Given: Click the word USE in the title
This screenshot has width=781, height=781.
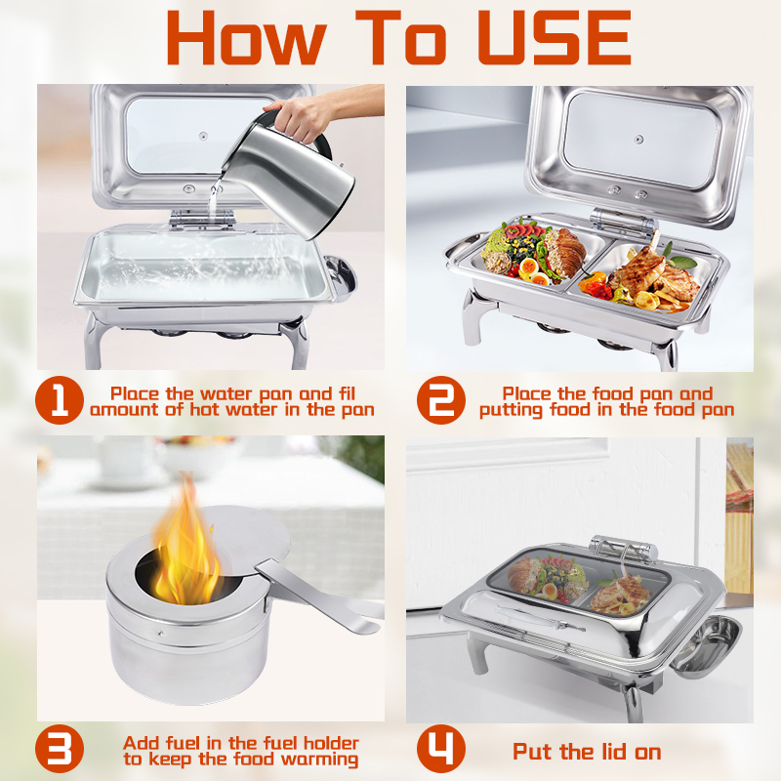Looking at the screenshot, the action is coord(554,38).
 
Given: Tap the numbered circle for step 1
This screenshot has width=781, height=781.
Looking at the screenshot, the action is coord(60,400).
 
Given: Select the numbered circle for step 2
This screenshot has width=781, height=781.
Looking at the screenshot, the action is coord(441,400).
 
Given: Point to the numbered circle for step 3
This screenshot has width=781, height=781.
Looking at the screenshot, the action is coord(60,749).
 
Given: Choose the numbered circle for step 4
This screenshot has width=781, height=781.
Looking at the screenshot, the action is coord(441,749).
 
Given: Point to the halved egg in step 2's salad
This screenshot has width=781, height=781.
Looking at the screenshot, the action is coord(529,270).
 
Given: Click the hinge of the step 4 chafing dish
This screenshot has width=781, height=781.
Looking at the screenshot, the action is coord(623,549).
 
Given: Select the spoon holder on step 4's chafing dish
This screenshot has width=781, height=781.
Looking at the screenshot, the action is coord(706,645).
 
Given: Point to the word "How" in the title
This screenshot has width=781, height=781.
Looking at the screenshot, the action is coord(247,38).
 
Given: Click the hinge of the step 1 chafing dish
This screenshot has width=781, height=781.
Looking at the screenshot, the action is coord(202,219).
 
